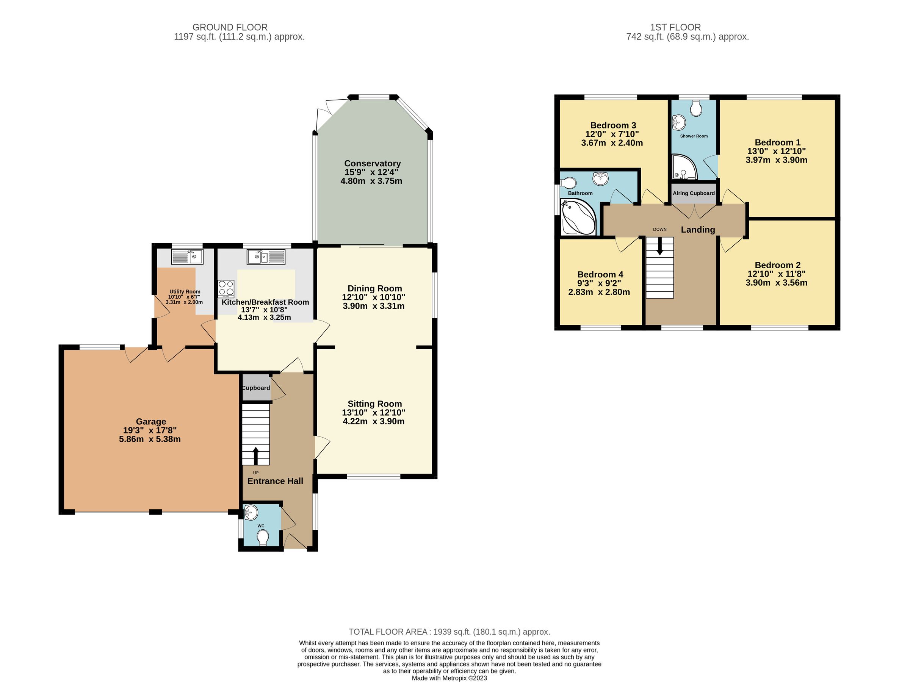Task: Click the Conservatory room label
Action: (372, 163)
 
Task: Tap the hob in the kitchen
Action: (226, 288)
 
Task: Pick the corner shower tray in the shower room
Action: (684, 167)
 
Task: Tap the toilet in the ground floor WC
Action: (263, 538)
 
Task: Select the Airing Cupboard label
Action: (693, 193)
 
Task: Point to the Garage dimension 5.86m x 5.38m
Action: (150, 439)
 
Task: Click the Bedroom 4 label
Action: (600, 275)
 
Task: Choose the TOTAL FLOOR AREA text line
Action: (449, 632)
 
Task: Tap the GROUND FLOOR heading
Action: (230, 27)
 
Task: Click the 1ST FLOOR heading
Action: (675, 27)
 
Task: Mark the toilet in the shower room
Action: (696, 108)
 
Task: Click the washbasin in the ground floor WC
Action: (251, 512)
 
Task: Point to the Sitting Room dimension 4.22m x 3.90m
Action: (373, 421)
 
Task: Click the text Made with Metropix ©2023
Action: (449, 678)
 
